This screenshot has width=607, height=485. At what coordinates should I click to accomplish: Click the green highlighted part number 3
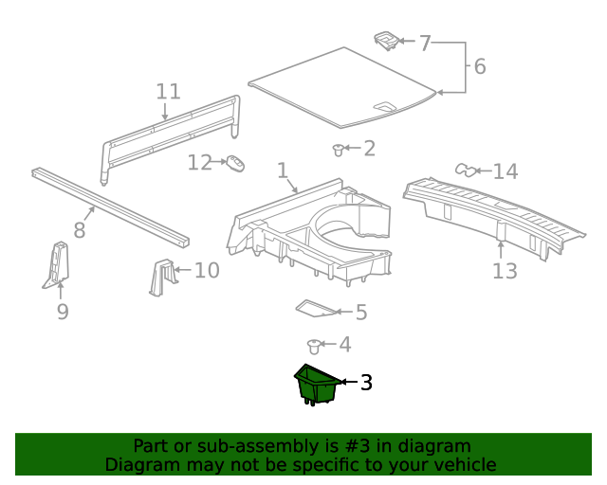[317, 385]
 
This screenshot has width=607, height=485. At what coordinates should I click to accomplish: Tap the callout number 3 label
[365, 383]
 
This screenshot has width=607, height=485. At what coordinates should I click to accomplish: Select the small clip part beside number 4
[316, 346]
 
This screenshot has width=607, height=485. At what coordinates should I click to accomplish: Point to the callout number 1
[282, 171]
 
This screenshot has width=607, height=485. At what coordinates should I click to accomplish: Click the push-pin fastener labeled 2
[339, 149]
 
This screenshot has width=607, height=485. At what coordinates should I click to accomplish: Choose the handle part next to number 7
[385, 40]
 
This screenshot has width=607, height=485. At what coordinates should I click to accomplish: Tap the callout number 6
[479, 66]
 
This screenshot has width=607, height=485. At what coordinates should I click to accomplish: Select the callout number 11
[168, 91]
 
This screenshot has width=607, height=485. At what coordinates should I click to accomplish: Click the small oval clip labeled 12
[234, 165]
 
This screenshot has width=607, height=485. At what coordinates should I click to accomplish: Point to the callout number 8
[79, 229]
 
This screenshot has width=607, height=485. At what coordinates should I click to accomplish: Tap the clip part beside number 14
[465, 171]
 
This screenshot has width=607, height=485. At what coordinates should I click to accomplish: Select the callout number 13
[505, 271]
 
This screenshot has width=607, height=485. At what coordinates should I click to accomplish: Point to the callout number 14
[506, 171]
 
